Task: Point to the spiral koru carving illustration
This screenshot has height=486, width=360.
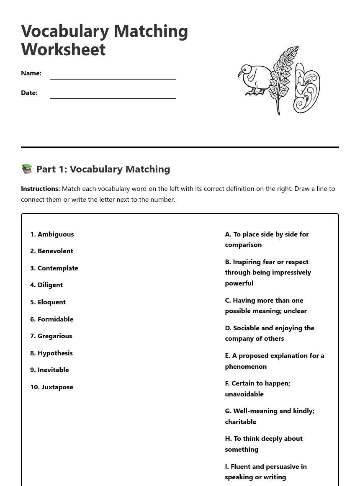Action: point(307,88)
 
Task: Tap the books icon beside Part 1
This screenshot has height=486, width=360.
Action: point(27,169)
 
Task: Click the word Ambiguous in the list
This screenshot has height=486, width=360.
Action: point(55,234)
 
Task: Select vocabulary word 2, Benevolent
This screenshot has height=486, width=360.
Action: point(55,251)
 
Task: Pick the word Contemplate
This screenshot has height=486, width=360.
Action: point(57,268)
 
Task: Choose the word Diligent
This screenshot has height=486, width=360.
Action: point(50,285)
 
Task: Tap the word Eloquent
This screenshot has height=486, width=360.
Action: point(51,302)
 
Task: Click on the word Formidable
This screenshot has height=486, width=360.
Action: point(55,319)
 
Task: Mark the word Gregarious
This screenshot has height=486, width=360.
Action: point(54,336)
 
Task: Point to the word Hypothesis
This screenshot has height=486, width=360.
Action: point(55,353)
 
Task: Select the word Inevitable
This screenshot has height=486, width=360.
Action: point(53,370)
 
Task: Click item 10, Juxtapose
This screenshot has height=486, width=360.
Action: point(57,387)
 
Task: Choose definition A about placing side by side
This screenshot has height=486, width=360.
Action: point(267,239)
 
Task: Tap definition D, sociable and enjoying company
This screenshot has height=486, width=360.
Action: point(269,333)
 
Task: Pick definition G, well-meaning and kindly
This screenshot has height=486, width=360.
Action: point(269,416)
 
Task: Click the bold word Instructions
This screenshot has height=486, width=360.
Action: point(40,188)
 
